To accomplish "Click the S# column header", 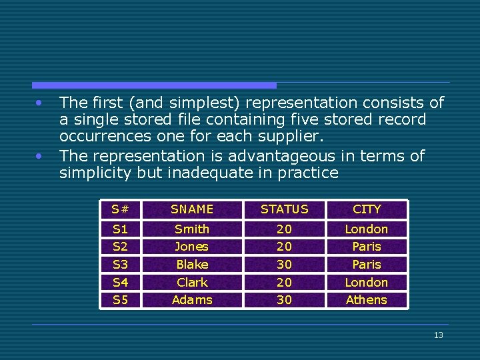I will (x=120, y=209).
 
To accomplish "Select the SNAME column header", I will (x=192, y=209).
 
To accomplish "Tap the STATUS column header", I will (x=284, y=209).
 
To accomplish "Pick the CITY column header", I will (x=367, y=209).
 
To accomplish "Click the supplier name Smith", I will (x=192, y=229).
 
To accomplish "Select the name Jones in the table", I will (x=192, y=247).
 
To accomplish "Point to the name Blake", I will (x=192, y=265).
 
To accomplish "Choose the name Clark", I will (x=192, y=283).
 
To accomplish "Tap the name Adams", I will (x=192, y=300).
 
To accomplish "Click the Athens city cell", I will (x=367, y=300).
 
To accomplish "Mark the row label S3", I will (x=120, y=265).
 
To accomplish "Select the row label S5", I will (x=120, y=300).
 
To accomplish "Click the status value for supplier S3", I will (x=284, y=265).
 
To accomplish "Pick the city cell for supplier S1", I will (x=367, y=229).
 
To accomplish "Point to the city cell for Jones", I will (x=367, y=247).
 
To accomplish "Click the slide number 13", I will (x=438, y=335).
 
